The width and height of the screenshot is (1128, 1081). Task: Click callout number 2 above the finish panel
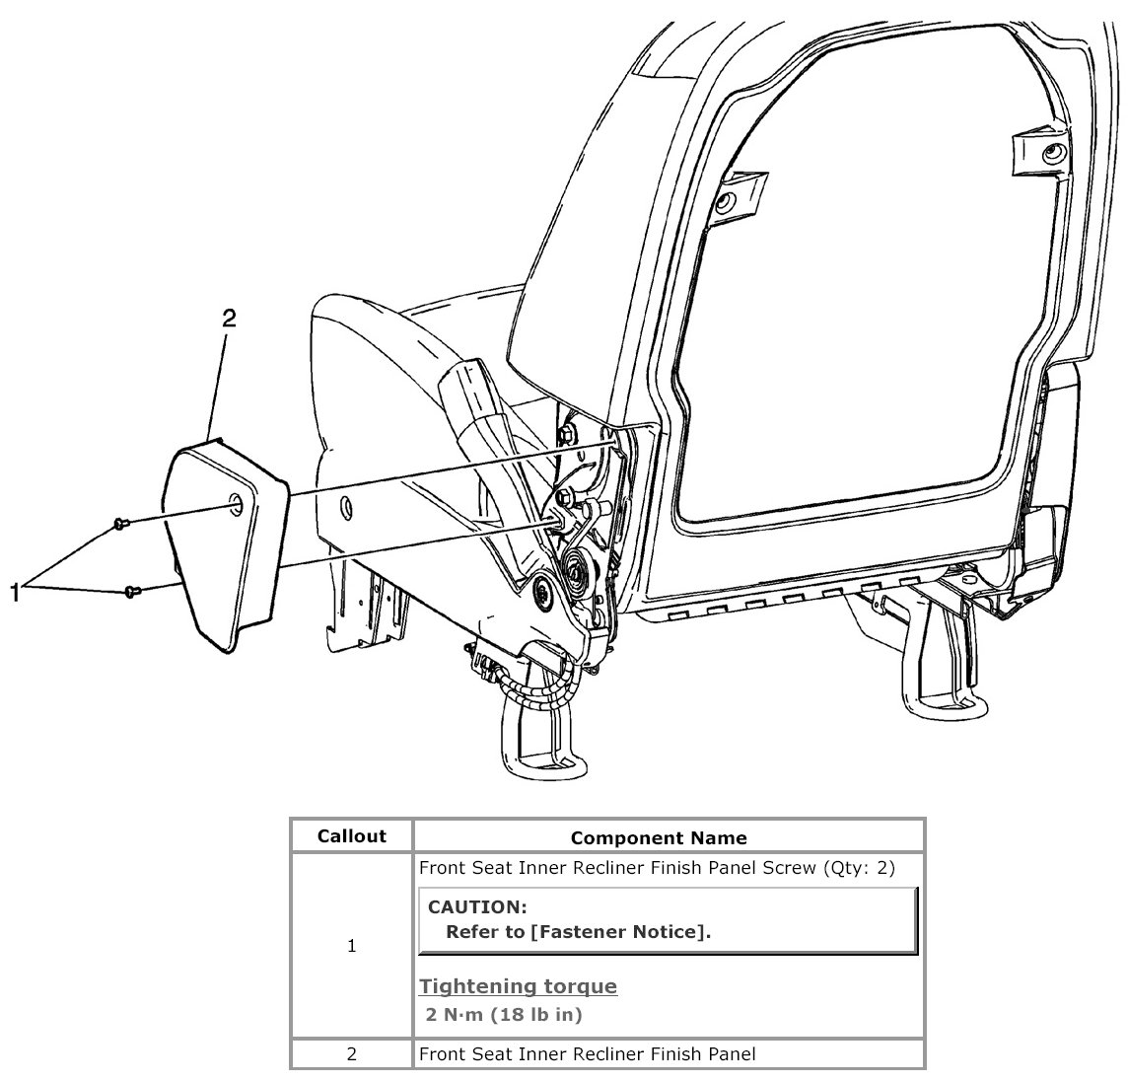point(229,318)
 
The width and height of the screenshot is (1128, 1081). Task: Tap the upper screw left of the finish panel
point(120,523)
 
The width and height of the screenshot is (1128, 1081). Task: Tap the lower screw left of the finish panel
point(132,591)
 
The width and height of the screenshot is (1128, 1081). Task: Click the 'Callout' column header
point(351,836)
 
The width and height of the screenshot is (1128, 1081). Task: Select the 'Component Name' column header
point(659,838)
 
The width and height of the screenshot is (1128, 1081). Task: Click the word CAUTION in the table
point(477,906)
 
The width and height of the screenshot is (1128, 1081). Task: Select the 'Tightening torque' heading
point(519,986)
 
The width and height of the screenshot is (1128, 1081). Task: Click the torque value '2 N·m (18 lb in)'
point(504,1014)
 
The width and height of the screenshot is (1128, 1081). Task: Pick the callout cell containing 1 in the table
point(352,947)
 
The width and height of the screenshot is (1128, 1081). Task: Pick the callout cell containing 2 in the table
point(352,1054)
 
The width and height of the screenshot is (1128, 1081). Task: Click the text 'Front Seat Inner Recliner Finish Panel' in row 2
point(588,1054)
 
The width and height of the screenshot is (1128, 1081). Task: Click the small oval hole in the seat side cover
point(345,507)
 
